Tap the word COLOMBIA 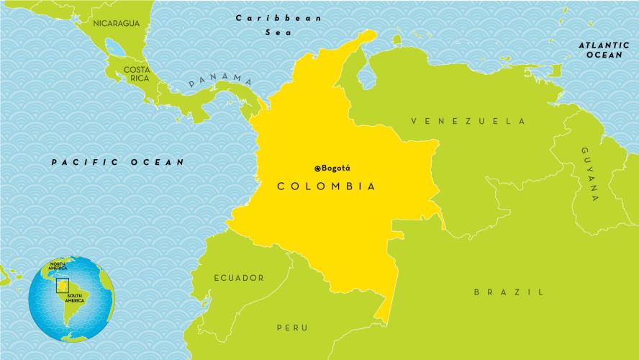(x=327, y=186)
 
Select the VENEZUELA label (x=468, y=121)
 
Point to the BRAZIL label (x=508, y=292)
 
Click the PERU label (x=292, y=328)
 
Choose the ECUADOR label (x=238, y=277)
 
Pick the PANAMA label (x=220, y=80)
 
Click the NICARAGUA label (x=117, y=23)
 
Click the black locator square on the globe (x=63, y=286)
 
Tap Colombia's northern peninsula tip (x=370, y=33)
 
